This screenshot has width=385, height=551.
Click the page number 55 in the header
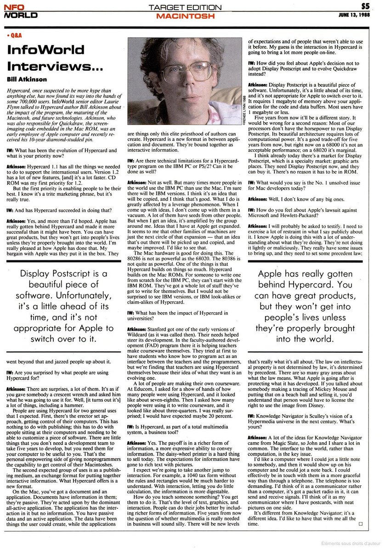(365, 6)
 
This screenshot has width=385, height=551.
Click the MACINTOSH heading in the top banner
(185, 16)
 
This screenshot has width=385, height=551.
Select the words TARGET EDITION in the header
(186, 7)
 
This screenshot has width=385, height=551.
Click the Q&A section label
(15, 35)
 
